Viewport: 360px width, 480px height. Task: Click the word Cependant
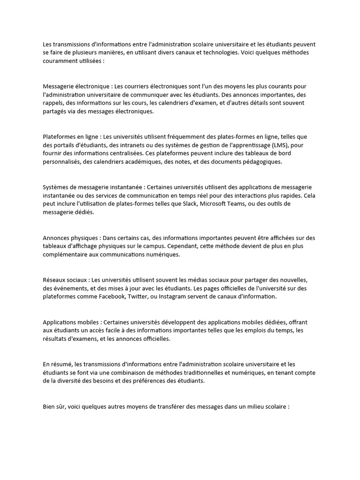pyautogui.click(x=198, y=247)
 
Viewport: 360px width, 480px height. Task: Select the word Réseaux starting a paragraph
pyautogui.click(x=54, y=280)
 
